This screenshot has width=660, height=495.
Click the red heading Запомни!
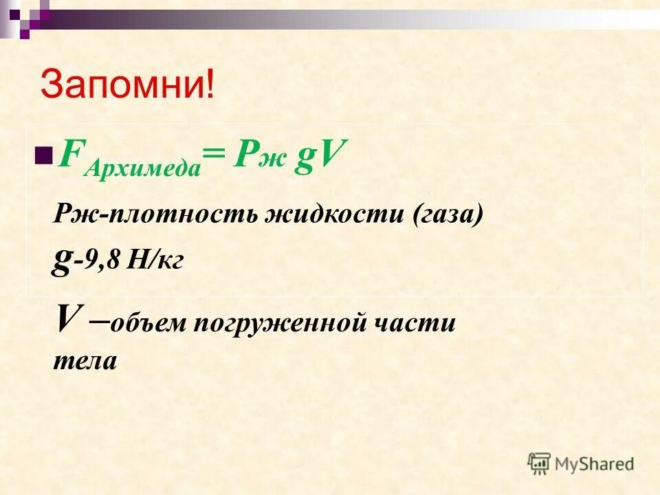point(127,85)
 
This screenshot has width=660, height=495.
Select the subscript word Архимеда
point(142,168)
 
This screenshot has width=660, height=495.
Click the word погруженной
point(288,323)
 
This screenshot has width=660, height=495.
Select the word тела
point(85,361)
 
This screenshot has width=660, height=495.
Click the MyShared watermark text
point(594,465)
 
